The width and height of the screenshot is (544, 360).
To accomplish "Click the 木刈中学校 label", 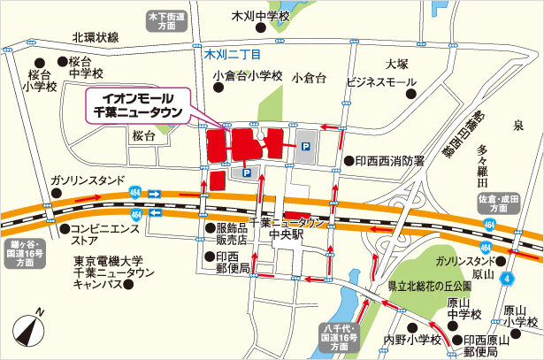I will pos(260,16).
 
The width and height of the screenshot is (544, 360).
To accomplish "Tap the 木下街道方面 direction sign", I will pos(167,21).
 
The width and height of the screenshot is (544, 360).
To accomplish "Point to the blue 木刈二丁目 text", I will pos(233,55).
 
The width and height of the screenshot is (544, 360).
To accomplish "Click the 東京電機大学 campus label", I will pos(109,272).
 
